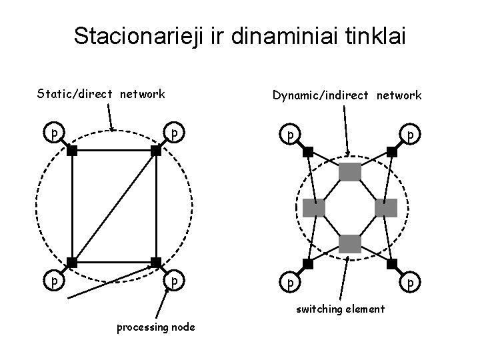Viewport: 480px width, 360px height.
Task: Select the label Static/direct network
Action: pyautogui.click(x=101, y=94)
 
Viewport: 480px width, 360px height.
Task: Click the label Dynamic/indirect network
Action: pyautogui.click(x=346, y=95)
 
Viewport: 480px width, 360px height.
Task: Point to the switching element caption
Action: pyautogui.click(x=341, y=309)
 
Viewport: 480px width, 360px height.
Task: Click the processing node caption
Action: pyautogui.click(x=156, y=327)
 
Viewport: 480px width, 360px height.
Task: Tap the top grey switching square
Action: pyautogui.click(x=349, y=172)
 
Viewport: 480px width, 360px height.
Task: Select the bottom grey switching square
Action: pyautogui.click(x=349, y=244)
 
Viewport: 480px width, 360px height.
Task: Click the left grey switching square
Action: pyautogui.click(x=313, y=208)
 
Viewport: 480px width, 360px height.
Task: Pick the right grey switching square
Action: pyautogui.click(x=386, y=208)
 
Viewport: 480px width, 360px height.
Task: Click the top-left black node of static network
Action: pyautogui.click(x=72, y=151)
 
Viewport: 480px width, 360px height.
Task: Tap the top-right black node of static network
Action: pyautogui.click(x=156, y=151)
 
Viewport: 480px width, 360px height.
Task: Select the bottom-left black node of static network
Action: pyautogui.click(x=72, y=262)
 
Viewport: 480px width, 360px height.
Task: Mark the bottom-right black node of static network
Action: pyautogui.click(x=156, y=262)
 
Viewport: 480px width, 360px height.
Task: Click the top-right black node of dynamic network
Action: pyautogui.click(x=392, y=151)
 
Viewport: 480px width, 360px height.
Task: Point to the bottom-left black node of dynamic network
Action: pyautogui.click(x=307, y=263)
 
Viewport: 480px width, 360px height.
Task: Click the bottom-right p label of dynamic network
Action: pyautogui.click(x=412, y=283)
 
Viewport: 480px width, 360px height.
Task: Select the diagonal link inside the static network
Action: pyautogui.click(x=114, y=207)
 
